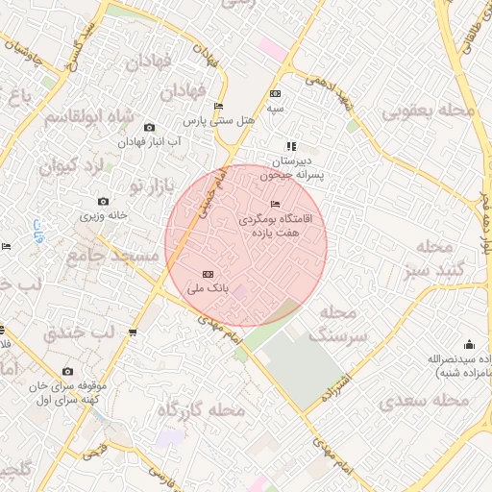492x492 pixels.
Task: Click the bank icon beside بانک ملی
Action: click(x=209, y=275)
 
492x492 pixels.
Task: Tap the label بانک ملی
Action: click(x=209, y=288)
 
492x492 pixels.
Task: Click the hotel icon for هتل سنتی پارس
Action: click(x=218, y=107)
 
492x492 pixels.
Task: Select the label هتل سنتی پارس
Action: click(x=219, y=121)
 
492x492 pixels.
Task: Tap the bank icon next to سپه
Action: click(x=276, y=94)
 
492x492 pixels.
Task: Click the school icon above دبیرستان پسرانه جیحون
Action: click(x=291, y=146)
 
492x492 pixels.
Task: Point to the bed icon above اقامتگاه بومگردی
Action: click(x=277, y=205)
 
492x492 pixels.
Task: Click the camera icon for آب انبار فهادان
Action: click(x=149, y=128)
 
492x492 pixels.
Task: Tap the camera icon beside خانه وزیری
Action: click(x=103, y=202)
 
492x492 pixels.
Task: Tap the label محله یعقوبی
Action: click(x=430, y=112)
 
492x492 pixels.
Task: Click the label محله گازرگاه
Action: click(x=202, y=411)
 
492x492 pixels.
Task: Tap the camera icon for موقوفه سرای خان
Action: click(x=67, y=372)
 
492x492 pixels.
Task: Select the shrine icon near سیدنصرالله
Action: click(x=469, y=345)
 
